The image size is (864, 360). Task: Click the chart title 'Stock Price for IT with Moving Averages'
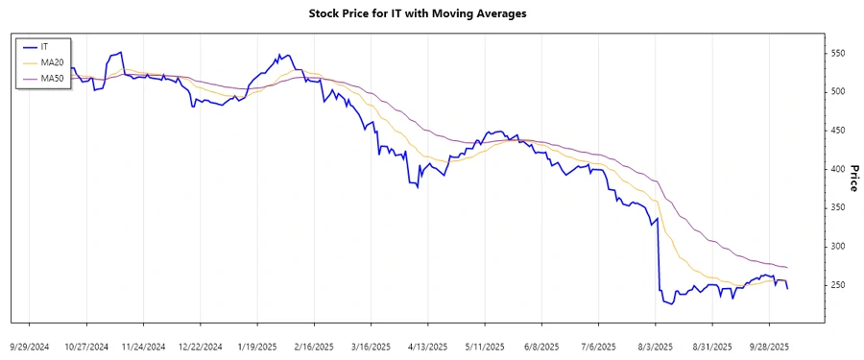pyautogui.click(x=431, y=13)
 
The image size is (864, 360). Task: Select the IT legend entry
pyautogui.click(x=44, y=46)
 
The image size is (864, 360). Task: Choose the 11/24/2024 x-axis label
pyautogui.click(x=145, y=347)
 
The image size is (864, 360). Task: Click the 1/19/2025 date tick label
pyautogui.click(x=258, y=347)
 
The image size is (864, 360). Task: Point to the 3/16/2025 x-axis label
pyautogui.click(x=371, y=347)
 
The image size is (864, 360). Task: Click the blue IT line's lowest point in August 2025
pyautogui.click(x=669, y=304)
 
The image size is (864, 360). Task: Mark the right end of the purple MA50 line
pyautogui.click(x=787, y=267)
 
